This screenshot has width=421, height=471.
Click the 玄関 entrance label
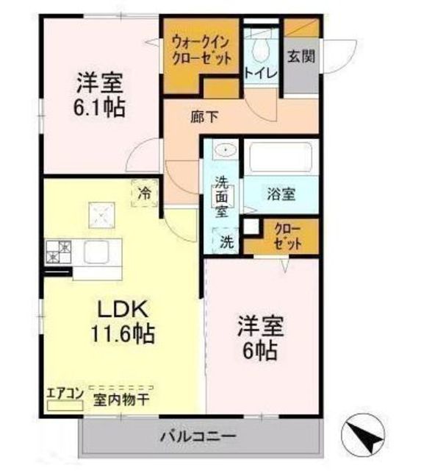(301, 56)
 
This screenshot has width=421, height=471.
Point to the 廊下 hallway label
(204, 117)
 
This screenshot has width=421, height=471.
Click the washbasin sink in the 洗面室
(226, 149)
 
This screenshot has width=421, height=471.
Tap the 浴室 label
(281, 194)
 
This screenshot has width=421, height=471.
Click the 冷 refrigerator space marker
(145, 194)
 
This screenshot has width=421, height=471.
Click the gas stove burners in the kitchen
(59, 252)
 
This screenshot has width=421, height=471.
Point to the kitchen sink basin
(96, 252)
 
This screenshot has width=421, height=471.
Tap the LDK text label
(123, 309)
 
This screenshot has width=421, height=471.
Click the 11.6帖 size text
(123, 333)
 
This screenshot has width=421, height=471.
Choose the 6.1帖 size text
(99, 107)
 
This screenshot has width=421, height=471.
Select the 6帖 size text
(260, 350)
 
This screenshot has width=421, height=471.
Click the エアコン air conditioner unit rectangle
(65, 406)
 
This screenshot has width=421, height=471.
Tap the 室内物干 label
(121, 400)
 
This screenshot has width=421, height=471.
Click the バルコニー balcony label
(198, 436)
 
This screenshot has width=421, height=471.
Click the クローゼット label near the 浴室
(287, 237)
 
